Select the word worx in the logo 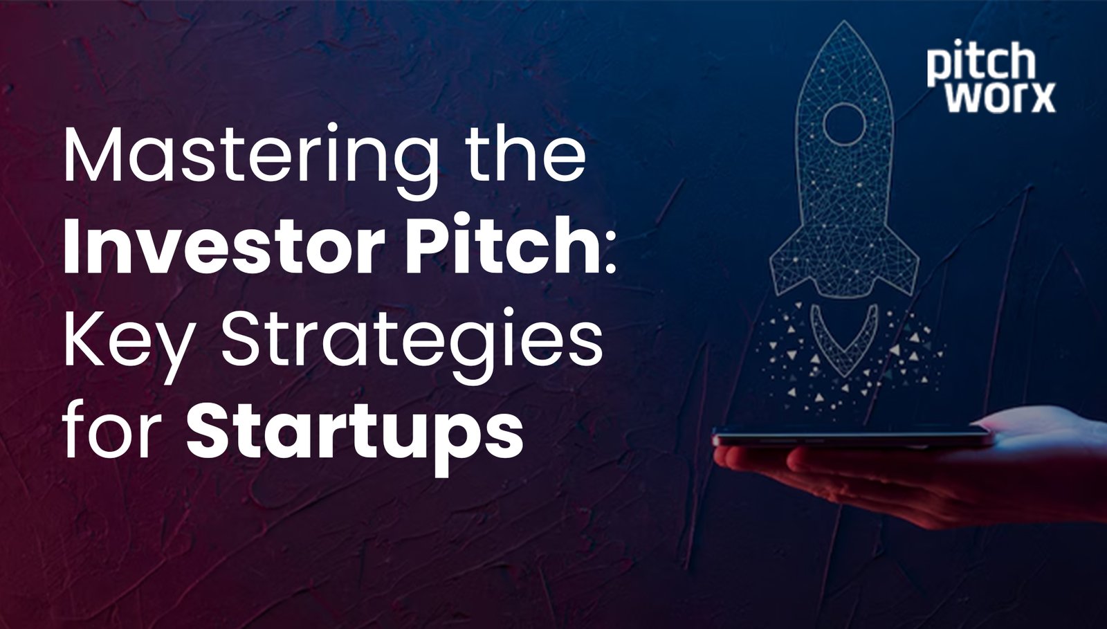(1000, 98)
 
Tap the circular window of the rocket (844, 123)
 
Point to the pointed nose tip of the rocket (844, 26)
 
